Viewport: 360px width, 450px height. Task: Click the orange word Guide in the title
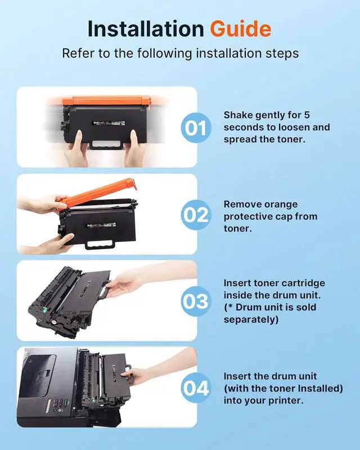[x=241, y=29]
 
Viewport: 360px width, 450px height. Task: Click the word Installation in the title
[x=146, y=29]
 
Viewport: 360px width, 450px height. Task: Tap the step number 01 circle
[x=196, y=128]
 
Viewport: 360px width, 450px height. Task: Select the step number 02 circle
[x=196, y=215]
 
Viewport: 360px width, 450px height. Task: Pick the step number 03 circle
[x=196, y=301]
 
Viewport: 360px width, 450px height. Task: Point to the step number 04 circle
[x=196, y=388]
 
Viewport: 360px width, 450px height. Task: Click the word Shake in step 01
[x=238, y=115]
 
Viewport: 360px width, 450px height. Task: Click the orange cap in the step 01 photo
[x=106, y=101]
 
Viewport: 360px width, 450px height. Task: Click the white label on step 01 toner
[x=108, y=123]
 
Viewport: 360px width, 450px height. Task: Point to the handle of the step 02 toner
[x=100, y=245]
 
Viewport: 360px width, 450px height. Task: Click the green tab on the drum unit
[x=44, y=309]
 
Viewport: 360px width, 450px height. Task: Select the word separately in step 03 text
[x=251, y=319]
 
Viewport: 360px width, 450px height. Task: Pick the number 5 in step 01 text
[x=307, y=115]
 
